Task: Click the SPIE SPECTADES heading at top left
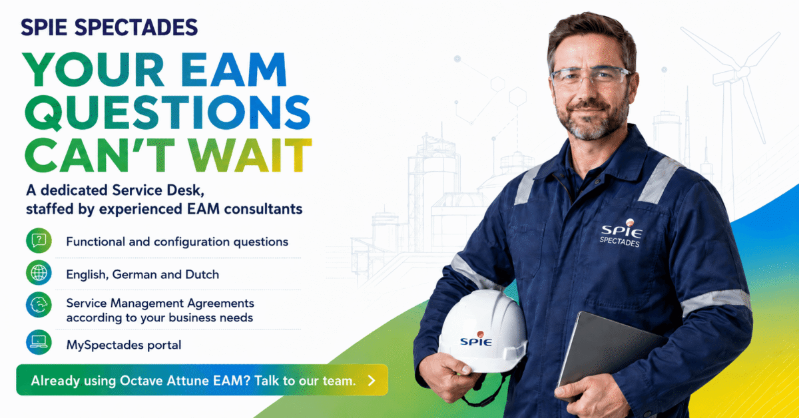[109, 27]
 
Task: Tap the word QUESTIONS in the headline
[168, 113]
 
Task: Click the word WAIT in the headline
[250, 155]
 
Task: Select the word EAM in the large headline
[234, 69]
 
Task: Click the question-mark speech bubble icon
[39, 240]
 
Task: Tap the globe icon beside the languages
[39, 273]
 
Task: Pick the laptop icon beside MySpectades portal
[39, 341]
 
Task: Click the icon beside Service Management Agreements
[39, 305]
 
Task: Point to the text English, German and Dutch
[142, 275]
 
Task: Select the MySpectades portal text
[124, 345]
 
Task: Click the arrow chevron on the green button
[372, 381]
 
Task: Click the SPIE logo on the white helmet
[477, 339]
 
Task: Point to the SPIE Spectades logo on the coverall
[621, 233]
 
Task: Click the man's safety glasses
[591, 77]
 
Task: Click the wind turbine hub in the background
[742, 72]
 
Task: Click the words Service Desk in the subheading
[158, 190]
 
